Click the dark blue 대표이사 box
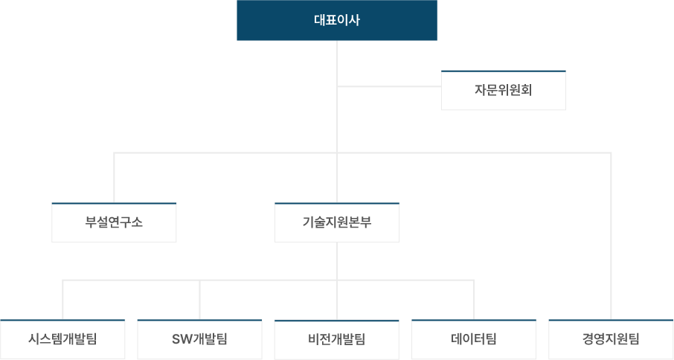[337, 20]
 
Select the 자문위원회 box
[504, 90]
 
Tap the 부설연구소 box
[114, 222]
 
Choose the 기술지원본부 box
[337, 222]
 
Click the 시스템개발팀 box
[62, 339]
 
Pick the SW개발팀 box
[200, 339]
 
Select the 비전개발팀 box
[337, 339]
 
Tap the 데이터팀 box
[474, 339]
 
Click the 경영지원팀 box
[611, 339]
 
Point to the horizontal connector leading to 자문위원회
[389, 86]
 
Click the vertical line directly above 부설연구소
[115, 178]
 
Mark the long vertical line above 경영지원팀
[611, 236]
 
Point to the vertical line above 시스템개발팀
[62, 300]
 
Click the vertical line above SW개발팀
[200, 300]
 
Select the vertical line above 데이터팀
[474, 300]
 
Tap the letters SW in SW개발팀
[182, 339]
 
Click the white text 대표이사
[337, 20]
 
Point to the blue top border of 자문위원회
[504, 71]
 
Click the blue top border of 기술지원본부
[337, 203]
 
